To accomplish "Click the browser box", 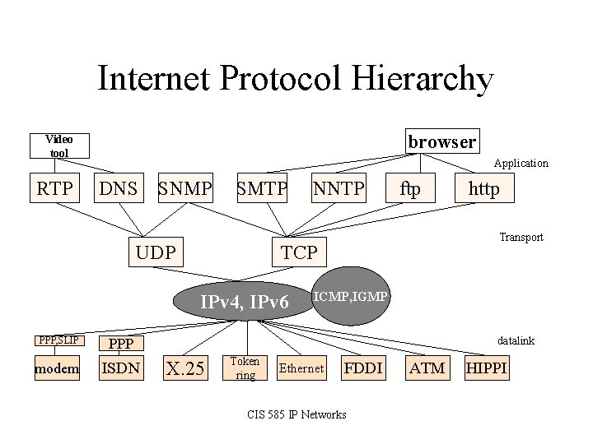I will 441,141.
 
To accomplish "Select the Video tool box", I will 58,146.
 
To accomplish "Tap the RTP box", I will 54,190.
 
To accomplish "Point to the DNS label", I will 119,190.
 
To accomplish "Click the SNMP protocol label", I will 185,190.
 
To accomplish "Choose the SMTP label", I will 262,190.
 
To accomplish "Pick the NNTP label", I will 338,190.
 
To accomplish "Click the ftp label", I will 409,190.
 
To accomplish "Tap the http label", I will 483,190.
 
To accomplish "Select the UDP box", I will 156,252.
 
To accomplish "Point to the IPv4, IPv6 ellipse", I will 245,303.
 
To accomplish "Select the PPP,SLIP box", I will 57,339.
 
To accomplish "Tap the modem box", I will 57,368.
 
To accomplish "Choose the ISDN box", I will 120,368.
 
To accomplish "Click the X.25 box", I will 184,368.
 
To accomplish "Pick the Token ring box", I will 245,368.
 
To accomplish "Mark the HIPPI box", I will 487,368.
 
